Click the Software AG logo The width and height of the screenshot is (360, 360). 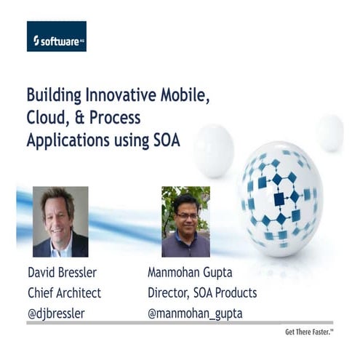click(x=56, y=36)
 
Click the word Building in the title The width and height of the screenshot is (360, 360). click(x=54, y=96)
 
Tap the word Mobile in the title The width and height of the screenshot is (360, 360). click(x=191, y=96)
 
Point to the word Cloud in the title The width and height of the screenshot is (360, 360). click(x=46, y=118)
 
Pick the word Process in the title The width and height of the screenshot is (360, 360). click(x=116, y=118)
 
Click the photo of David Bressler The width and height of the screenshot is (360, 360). click(x=60, y=222)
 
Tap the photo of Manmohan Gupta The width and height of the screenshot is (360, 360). click(x=185, y=222)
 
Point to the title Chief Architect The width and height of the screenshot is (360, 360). click(x=64, y=294)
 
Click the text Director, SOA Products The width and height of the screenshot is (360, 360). click(x=201, y=294)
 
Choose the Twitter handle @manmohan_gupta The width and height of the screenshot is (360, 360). click(x=194, y=313)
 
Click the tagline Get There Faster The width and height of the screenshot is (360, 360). click(x=309, y=333)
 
